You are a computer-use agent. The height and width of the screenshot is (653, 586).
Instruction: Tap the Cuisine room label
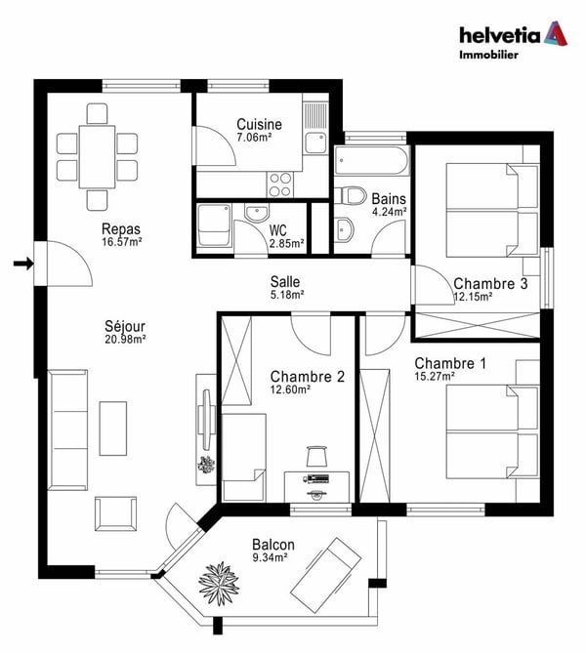coord(259,124)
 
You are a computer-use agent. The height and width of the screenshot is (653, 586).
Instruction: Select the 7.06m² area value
coord(255,139)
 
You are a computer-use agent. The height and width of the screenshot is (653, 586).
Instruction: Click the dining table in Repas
coord(97,154)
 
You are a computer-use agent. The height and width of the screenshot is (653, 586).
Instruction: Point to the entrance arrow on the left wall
coord(22,262)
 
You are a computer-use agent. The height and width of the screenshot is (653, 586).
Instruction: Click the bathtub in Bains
coord(371,159)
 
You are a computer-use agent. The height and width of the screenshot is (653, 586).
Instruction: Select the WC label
coord(279,230)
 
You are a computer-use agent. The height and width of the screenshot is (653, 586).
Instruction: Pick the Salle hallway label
coord(287,281)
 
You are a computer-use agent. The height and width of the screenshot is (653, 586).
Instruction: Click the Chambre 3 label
coord(490,284)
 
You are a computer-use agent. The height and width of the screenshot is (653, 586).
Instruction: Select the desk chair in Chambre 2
coord(316,456)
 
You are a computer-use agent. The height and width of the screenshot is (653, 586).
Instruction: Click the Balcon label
coord(272,545)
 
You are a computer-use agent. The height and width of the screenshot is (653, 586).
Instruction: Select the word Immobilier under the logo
coord(488,56)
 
